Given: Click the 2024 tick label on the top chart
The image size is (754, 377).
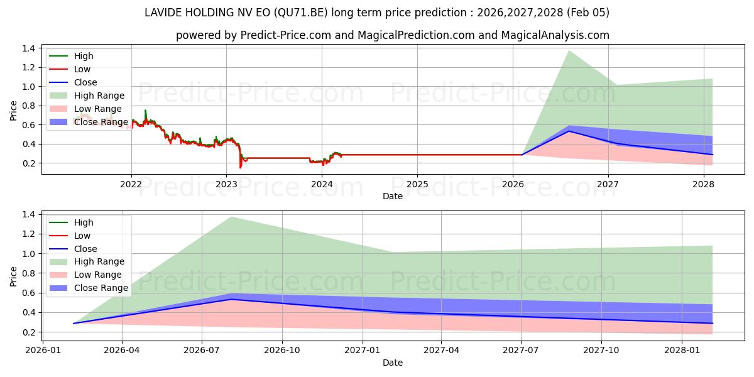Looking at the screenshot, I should (x=322, y=184).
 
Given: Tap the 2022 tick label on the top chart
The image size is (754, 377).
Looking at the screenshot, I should (x=131, y=184).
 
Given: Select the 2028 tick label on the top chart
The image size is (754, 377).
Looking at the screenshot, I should (x=703, y=184).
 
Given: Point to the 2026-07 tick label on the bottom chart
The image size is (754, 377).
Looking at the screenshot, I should (x=202, y=351).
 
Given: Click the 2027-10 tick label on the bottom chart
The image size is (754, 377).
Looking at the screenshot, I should (x=601, y=351).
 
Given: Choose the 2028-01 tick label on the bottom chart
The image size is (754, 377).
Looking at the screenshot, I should (x=682, y=351).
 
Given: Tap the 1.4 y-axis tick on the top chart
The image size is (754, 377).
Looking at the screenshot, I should (x=28, y=48).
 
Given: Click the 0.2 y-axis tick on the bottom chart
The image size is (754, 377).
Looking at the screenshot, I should (x=28, y=332).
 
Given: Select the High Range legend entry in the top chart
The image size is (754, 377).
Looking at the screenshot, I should (x=99, y=96).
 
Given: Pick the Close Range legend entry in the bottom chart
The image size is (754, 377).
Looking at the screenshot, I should (x=101, y=288).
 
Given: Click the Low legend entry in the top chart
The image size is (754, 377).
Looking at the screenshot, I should (x=82, y=69).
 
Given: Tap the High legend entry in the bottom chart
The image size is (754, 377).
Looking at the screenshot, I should (x=84, y=222).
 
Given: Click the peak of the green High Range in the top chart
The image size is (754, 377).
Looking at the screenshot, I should (x=569, y=51).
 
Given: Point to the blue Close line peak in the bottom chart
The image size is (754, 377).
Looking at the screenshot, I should (x=231, y=299).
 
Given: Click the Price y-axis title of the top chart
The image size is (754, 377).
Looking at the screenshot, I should (x=14, y=110).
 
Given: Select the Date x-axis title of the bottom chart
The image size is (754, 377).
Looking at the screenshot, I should (x=393, y=363).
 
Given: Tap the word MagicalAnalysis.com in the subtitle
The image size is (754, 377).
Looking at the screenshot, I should (x=555, y=35).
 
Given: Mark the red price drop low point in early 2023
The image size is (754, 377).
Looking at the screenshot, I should (x=240, y=167).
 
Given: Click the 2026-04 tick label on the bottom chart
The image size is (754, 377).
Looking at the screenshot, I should (x=121, y=351).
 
